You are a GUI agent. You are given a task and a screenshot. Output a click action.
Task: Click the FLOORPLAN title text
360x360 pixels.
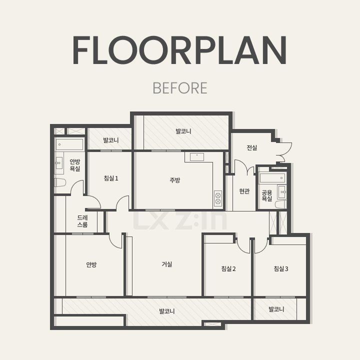(180, 50)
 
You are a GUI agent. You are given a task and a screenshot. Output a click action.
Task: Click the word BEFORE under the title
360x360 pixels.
(180, 88)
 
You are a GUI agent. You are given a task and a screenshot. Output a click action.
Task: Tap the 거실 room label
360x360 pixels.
(167, 264)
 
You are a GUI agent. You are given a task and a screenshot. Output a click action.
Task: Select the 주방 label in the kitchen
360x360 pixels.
(175, 180)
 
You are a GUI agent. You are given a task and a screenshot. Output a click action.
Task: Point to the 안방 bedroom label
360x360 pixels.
(91, 264)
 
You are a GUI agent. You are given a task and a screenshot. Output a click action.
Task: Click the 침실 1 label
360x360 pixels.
(111, 178)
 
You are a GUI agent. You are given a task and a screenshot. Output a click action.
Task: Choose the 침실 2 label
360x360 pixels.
(228, 268)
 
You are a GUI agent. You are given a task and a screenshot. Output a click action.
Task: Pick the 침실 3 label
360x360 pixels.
(281, 268)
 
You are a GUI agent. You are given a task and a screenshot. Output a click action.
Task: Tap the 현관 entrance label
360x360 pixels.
(244, 191)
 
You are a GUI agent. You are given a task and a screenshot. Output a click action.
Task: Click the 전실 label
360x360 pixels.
(252, 147)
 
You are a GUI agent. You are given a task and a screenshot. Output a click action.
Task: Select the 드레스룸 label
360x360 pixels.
(82, 221)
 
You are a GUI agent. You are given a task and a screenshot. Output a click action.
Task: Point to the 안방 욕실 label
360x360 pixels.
(75, 165)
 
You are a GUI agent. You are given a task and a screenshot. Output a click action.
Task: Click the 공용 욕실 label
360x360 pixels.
(267, 195)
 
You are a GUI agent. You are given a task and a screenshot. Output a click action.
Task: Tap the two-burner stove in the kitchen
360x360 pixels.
(218, 198)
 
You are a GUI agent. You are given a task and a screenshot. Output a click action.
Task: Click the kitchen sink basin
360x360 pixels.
(197, 157)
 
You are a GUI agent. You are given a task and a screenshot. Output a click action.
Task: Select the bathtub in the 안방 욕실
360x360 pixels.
(69, 144)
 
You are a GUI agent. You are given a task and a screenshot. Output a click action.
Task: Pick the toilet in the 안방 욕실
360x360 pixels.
(60, 182)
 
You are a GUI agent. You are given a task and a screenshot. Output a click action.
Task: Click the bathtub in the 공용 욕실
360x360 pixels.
(273, 178)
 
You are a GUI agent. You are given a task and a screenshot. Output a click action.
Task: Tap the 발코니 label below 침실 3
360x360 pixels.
(276, 309)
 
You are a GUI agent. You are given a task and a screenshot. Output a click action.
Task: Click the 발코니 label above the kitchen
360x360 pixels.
(183, 131)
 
